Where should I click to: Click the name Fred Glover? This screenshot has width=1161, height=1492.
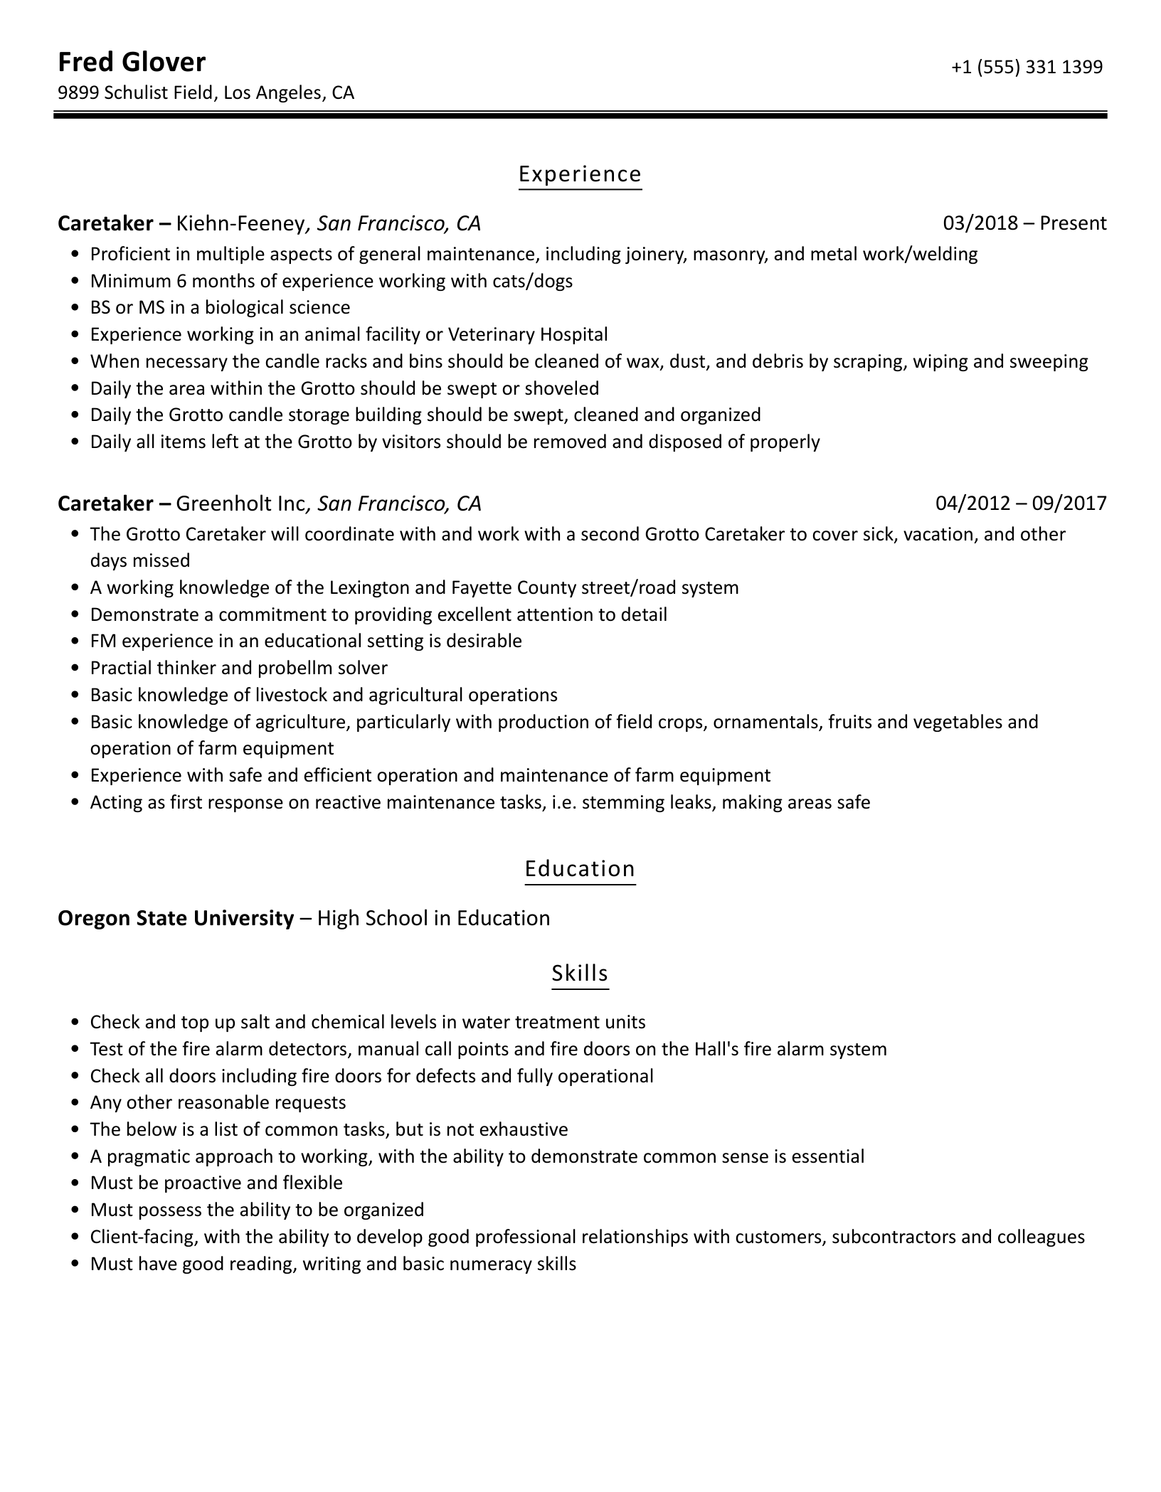[x=132, y=63]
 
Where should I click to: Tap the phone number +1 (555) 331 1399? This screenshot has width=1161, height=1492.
[x=1027, y=67]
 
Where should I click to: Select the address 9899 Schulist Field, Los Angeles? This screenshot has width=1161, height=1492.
[x=206, y=93]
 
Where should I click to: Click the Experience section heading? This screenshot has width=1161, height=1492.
[x=580, y=174]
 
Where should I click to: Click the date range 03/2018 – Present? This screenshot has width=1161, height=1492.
[x=1024, y=223]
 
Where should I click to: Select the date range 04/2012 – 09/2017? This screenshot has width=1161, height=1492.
[x=1021, y=503]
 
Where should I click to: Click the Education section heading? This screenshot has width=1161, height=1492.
[x=580, y=869]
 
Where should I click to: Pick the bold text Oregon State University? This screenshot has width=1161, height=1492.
[x=176, y=918]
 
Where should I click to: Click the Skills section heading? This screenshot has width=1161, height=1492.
[x=580, y=973]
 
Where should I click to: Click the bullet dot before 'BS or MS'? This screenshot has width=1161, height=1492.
[x=75, y=308]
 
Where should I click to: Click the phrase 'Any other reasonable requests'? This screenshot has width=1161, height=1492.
[x=218, y=1103]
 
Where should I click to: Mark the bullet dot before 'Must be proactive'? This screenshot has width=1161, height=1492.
[x=75, y=1183]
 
